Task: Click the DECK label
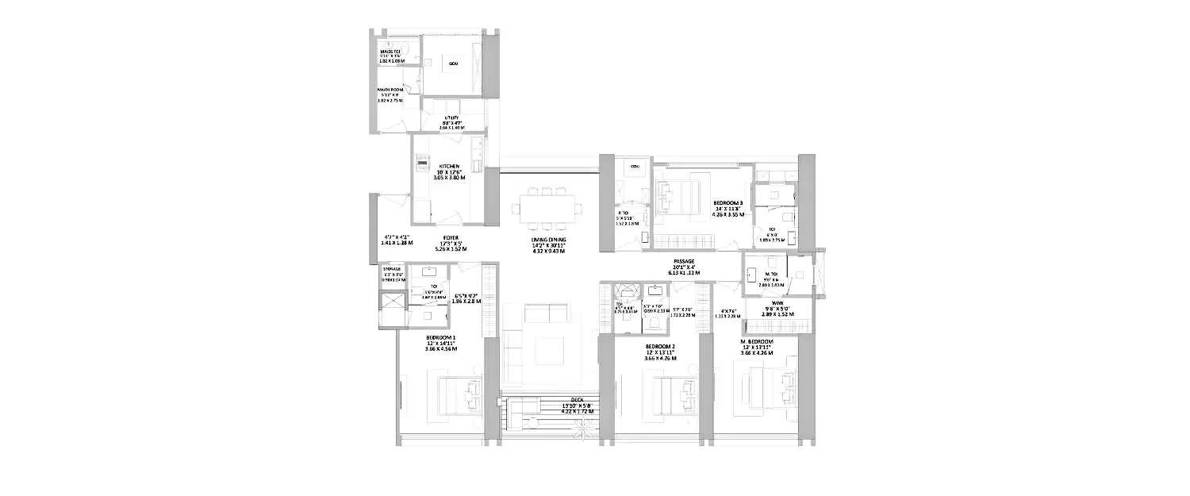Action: pos(566,400)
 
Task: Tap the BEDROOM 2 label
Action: pos(660,348)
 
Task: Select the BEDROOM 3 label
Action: pos(727,202)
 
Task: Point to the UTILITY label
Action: pos(452,117)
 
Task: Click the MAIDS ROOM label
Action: pos(390,90)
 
